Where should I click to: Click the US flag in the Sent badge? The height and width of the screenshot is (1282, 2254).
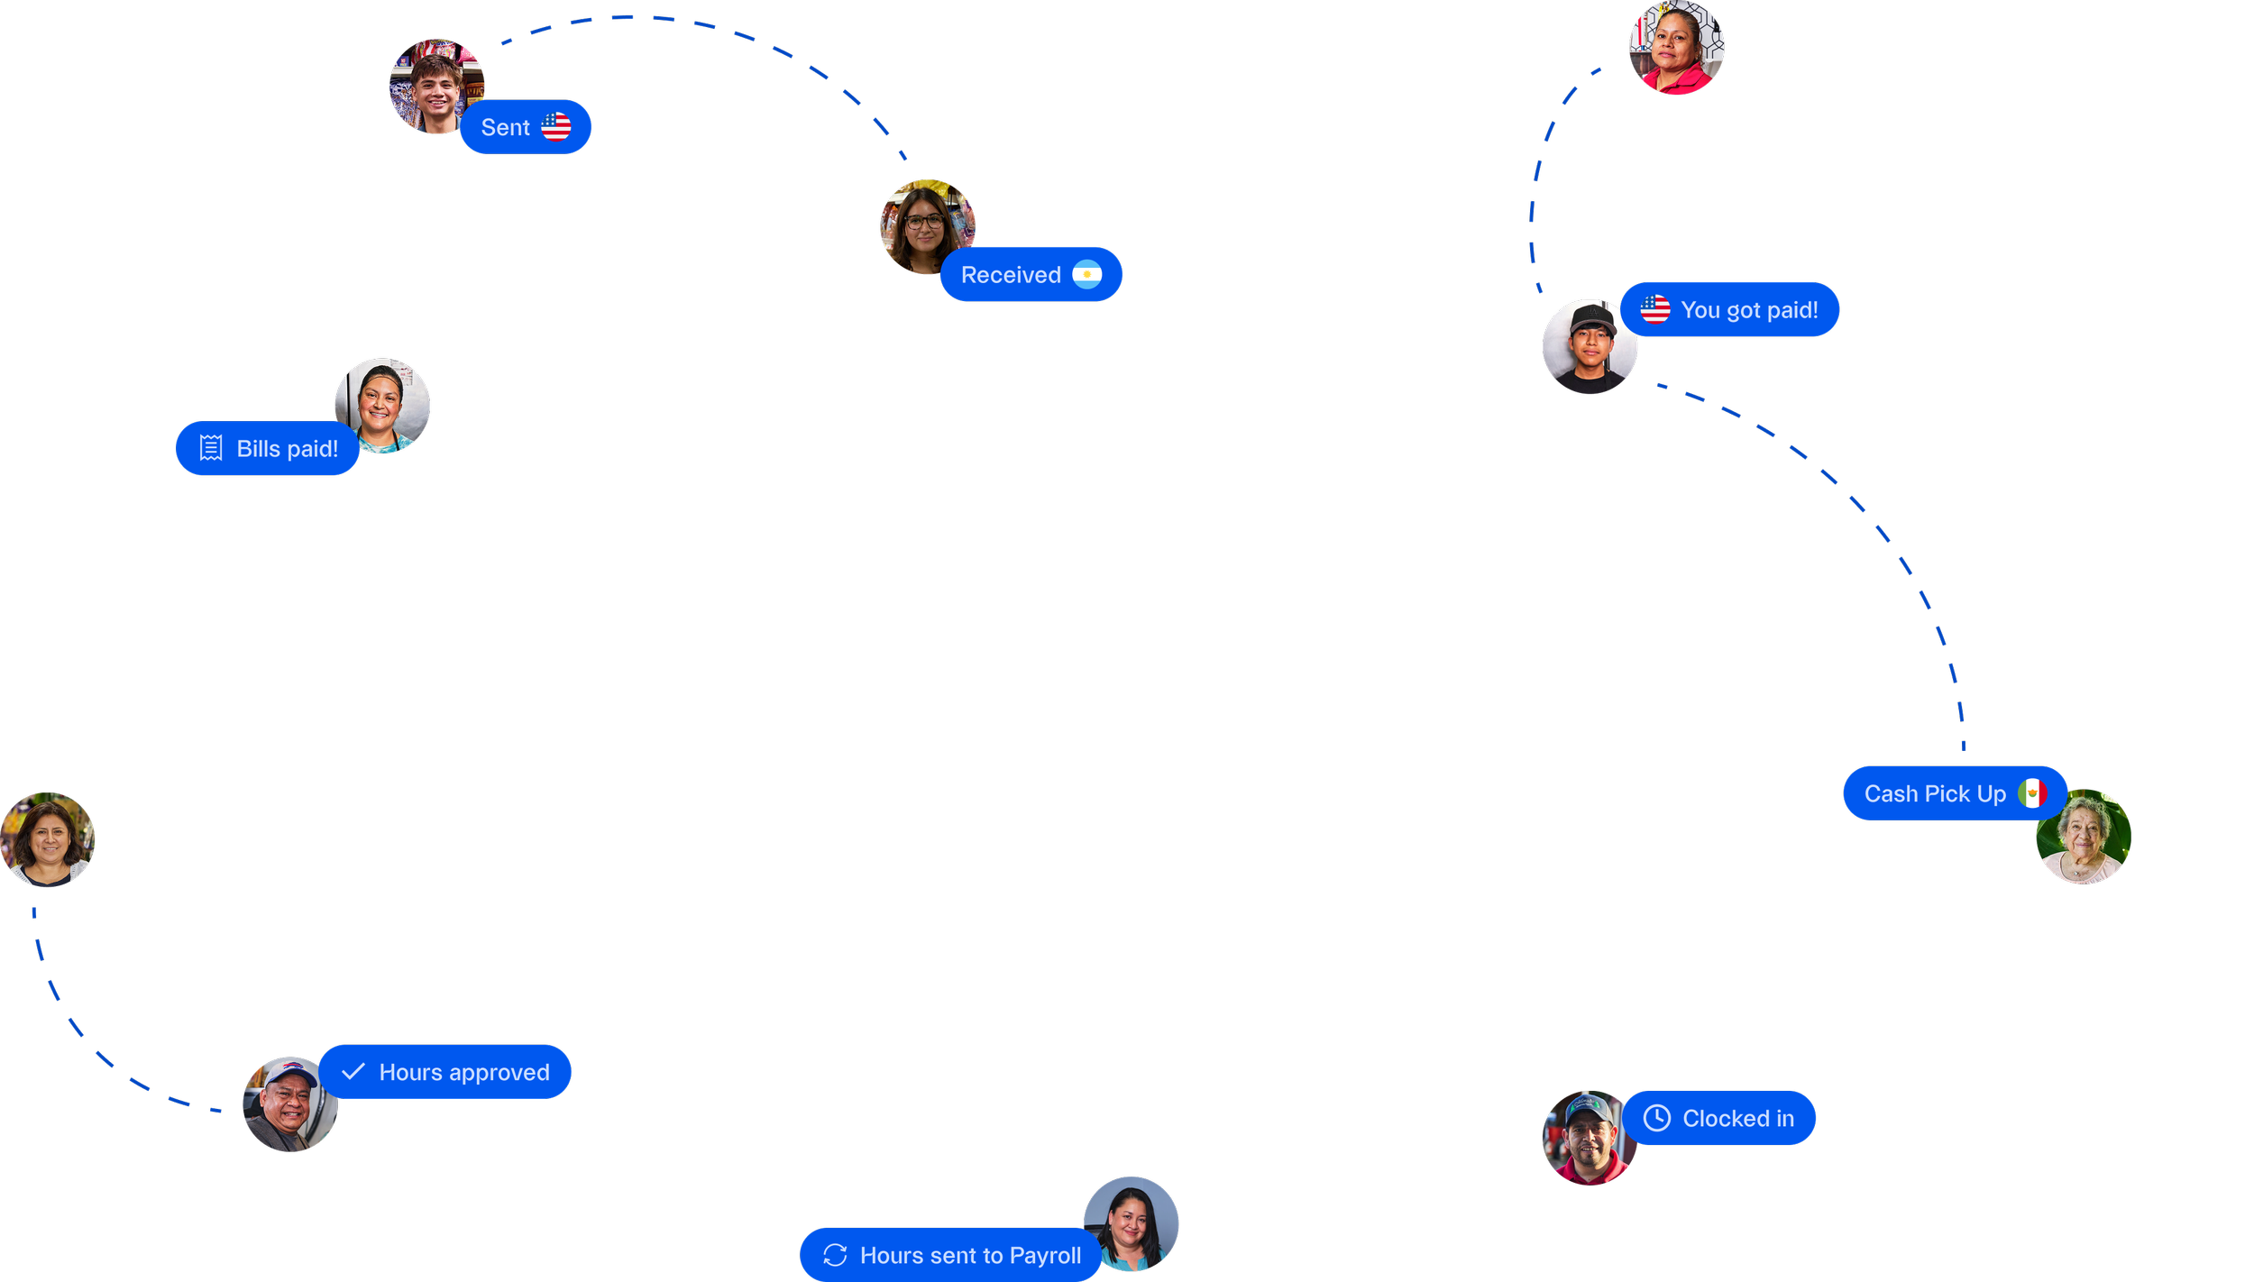click(556, 127)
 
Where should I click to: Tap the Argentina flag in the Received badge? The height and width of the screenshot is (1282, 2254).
click(1086, 275)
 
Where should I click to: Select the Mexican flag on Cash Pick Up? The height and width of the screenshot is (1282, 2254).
click(2032, 793)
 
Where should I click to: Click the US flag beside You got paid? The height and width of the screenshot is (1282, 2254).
click(1655, 310)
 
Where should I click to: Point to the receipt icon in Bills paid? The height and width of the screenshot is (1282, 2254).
click(211, 448)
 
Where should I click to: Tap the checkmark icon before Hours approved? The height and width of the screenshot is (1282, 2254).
click(353, 1071)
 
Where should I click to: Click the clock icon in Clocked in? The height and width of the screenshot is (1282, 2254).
click(1657, 1118)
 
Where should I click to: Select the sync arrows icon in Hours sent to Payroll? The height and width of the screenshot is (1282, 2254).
click(835, 1255)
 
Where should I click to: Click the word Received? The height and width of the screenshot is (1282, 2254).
click(1011, 275)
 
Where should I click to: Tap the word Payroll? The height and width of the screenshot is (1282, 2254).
click(1045, 1255)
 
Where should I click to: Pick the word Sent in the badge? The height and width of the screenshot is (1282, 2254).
click(505, 128)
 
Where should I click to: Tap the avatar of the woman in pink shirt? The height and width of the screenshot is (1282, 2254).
click(1676, 47)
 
